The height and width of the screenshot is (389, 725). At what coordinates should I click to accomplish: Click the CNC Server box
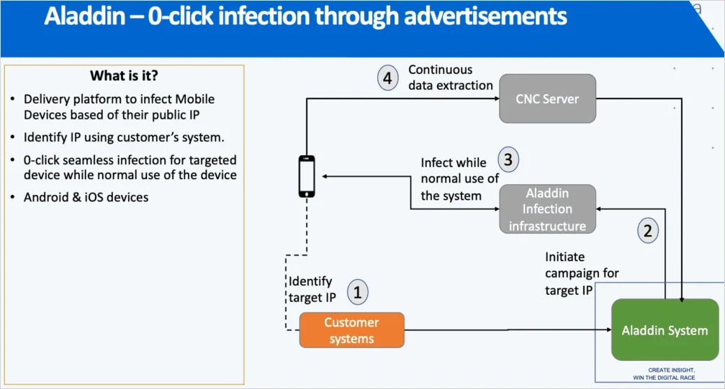coord(547,98)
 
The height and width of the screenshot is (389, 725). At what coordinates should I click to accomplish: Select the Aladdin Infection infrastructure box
coord(547,209)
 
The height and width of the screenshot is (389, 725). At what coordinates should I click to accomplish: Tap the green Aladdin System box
coord(665,330)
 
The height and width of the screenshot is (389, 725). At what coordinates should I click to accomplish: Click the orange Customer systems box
coord(351,331)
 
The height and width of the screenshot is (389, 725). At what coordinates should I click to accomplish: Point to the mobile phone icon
coord(307,176)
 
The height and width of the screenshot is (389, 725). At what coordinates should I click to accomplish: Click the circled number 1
coord(357,292)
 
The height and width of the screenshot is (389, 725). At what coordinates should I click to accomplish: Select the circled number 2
coord(647,231)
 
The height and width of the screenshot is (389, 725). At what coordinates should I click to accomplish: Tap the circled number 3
coord(508,160)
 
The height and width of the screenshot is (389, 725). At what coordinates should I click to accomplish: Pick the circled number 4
coord(387,78)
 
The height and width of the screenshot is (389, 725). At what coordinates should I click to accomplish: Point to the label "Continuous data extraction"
coord(450,78)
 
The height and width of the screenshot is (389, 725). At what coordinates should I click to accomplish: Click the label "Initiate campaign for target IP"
coord(582,273)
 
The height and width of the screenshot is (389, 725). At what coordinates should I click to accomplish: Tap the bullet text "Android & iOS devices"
coord(86,197)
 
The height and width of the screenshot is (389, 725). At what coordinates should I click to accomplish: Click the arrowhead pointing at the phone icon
coord(326,176)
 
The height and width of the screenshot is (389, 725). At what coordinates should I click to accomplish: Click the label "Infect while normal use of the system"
coord(459,179)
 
